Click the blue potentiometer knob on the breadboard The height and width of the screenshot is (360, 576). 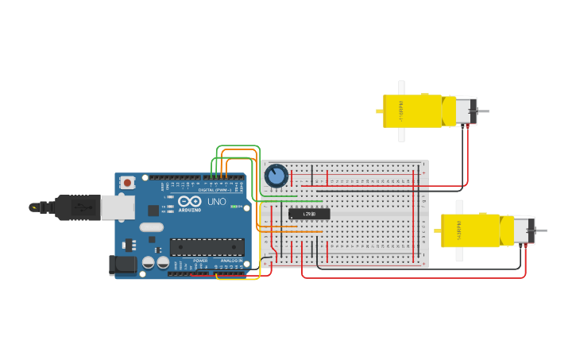pos(276,175)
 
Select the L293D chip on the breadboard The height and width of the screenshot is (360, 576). pos(309,214)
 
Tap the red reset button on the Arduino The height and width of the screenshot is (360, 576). pos(127,183)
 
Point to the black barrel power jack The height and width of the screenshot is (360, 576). pos(120,265)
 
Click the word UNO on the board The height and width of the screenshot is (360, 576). pos(217,202)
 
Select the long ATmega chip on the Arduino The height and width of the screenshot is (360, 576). pos(207,247)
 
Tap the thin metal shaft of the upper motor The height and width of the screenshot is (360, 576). pos(483,110)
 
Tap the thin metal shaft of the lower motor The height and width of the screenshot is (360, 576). pos(542,230)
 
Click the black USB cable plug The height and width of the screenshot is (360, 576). pos(75,207)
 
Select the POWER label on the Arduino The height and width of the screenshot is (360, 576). pos(200,261)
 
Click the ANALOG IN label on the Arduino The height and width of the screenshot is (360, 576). pos(231,261)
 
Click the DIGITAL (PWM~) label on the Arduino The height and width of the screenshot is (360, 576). pos(214,191)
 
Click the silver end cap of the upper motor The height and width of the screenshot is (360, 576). pos(466,110)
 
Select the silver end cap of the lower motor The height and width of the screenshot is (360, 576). pos(524,230)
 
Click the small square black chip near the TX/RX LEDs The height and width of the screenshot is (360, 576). pos(153,211)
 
